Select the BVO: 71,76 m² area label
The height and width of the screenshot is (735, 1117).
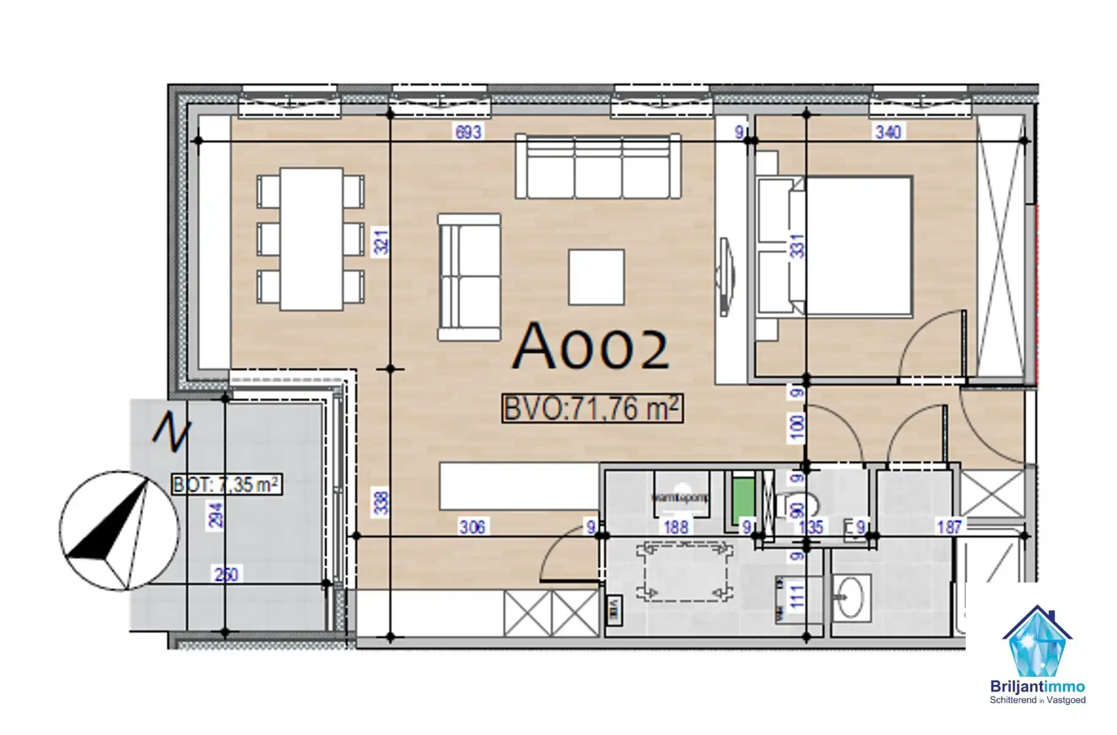click(592, 409)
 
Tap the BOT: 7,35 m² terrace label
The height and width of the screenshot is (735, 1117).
click(227, 484)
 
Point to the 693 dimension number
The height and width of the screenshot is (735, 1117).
click(468, 132)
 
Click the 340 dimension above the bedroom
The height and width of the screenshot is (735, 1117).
click(888, 132)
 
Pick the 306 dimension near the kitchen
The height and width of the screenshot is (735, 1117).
click(472, 527)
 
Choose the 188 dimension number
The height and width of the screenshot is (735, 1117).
click(676, 527)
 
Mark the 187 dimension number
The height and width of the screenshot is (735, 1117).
click(949, 527)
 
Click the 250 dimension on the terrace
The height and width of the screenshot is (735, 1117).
click(226, 575)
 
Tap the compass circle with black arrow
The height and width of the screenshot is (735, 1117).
click(119, 530)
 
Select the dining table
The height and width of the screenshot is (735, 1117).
click(311, 239)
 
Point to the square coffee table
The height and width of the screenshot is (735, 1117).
click(596, 277)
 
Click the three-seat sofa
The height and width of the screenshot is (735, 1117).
click(598, 167)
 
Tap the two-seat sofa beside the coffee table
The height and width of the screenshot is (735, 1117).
click(469, 277)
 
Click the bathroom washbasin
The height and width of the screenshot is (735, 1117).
click(850, 595)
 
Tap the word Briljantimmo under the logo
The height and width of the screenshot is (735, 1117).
click(1037, 687)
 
